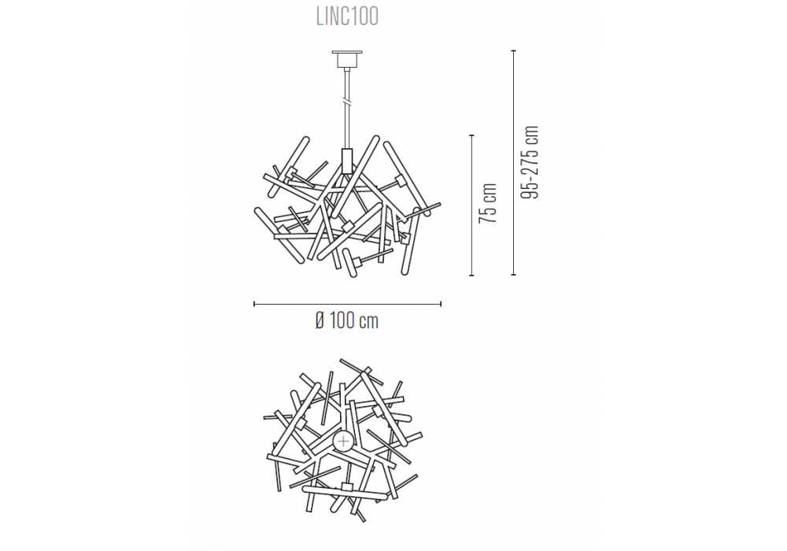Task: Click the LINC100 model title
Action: (x=347, y=17)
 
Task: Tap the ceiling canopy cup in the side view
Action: (x=347, y=61)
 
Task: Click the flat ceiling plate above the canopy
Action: (x=347, y=51)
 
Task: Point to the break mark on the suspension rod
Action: (x=347, y=101)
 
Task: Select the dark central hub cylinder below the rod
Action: (x=347, y=161)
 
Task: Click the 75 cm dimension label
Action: (x=488, y=203)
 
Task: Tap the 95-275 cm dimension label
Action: (x=530, y=162)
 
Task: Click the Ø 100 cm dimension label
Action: (x=347, y=320)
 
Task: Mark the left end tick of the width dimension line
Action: (x=254, y=304)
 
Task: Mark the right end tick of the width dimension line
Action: (x=441, y=304)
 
